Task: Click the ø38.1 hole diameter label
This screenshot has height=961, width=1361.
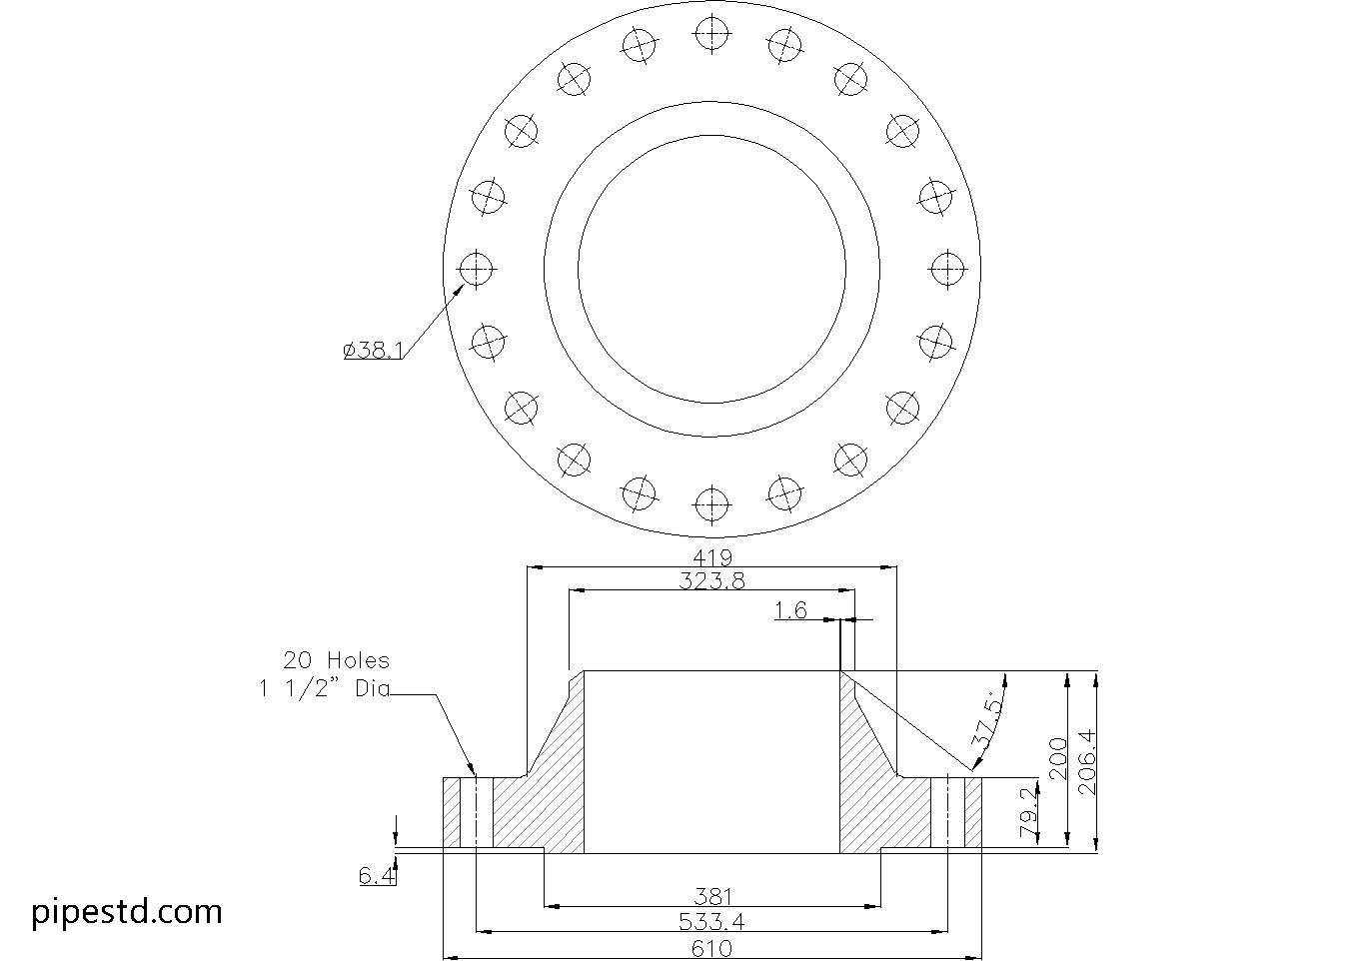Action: point(373,351)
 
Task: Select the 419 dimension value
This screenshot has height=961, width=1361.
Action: point(712,557)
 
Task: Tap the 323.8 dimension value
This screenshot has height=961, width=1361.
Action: point(712,580)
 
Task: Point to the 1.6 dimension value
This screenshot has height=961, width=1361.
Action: point(791,610)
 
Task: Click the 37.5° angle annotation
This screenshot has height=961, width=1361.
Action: point(985,721)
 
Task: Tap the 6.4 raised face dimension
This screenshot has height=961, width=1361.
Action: point(376,876)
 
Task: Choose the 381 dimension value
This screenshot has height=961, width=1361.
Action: point(712,896)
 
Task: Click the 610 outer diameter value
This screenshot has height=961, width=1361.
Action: point(712,947)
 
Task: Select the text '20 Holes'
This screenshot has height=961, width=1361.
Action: point(337,660)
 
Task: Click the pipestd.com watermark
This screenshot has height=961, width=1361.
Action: point(127,912)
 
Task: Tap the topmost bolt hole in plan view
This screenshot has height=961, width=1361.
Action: point(711,34)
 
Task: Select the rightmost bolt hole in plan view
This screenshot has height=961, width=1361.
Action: point(946,268)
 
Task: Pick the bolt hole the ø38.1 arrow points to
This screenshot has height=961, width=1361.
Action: point(477,268)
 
